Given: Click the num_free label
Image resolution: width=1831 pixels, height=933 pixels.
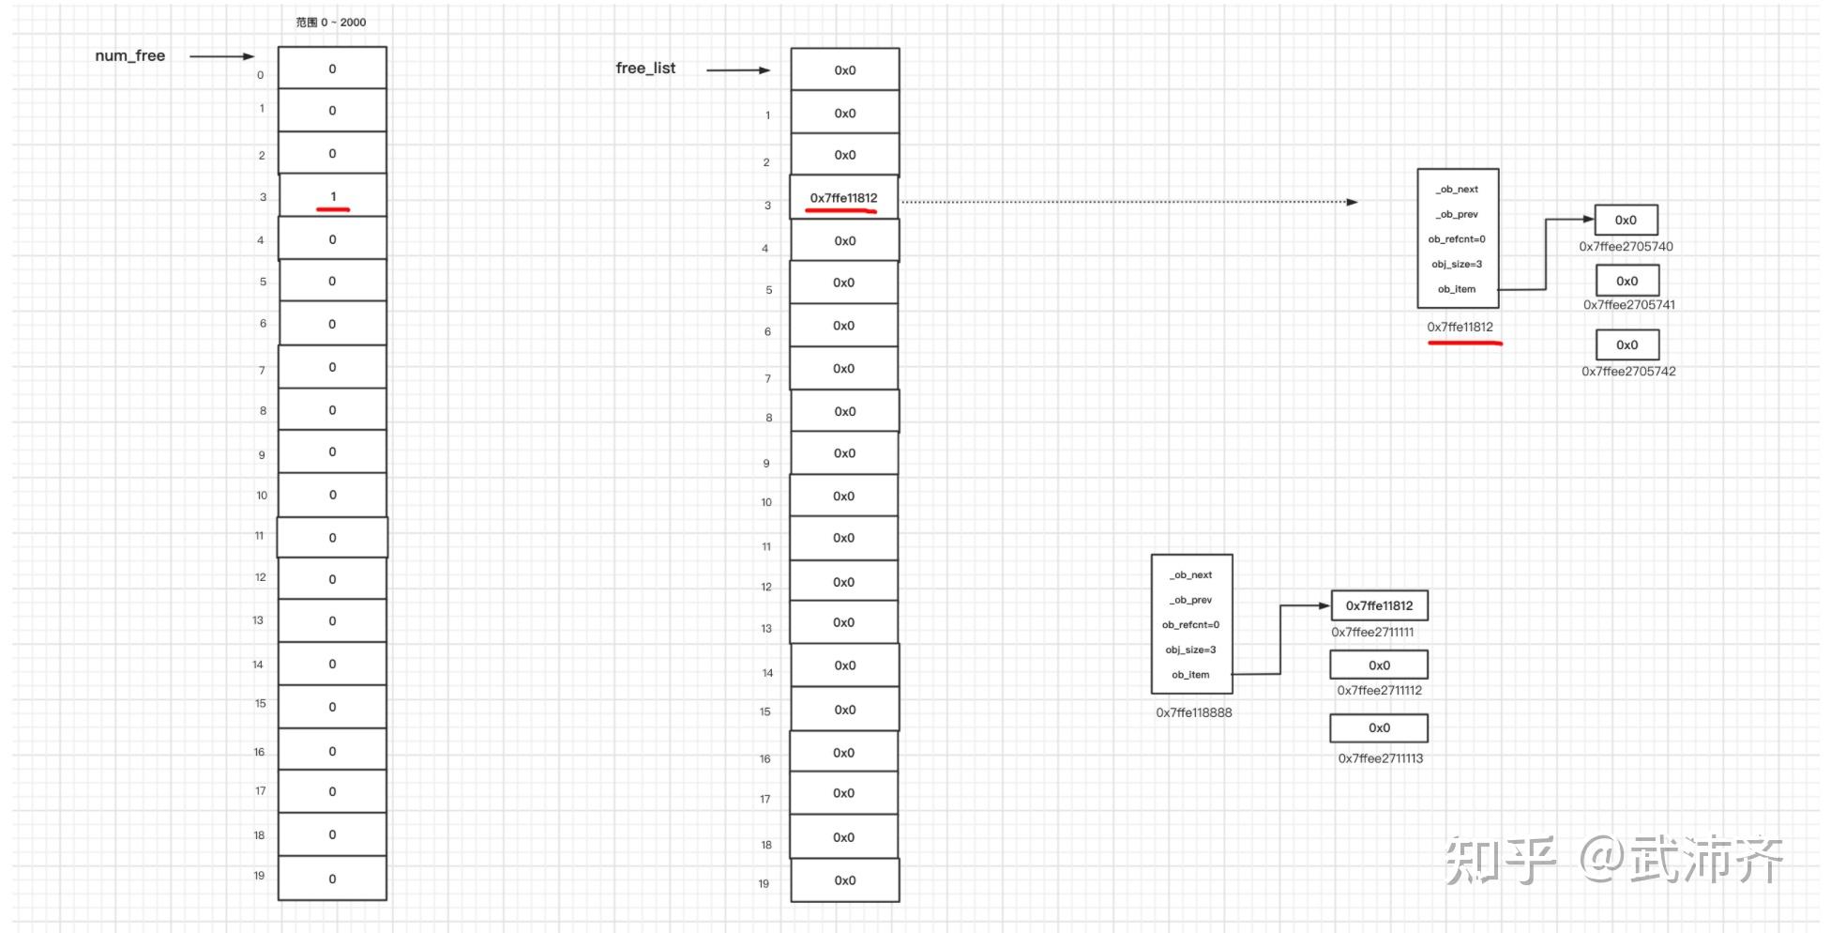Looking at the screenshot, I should (x=129, y=55).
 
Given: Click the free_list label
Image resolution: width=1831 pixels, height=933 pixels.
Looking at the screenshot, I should (x=645, y=68).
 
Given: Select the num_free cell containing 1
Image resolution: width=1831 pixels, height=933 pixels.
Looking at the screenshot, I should (x=332, y=196).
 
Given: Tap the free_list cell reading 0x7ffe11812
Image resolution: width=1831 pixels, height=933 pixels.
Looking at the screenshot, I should (x=844, y=198).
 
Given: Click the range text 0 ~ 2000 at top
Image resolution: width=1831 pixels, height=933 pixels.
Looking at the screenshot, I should (x=331, y=23).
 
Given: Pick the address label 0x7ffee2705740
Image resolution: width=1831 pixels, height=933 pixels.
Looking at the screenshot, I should (x=1626, y=247).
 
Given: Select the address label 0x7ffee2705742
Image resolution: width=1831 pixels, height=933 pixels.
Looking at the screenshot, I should (x=1628, y=372).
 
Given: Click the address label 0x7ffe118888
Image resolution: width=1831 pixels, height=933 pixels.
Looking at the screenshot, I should (x=1193, y=712).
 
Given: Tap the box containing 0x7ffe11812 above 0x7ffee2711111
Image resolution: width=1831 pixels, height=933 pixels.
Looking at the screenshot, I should (x=1379, y=605).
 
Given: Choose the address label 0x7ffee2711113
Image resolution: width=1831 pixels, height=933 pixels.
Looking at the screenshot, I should (x=1380, y=758).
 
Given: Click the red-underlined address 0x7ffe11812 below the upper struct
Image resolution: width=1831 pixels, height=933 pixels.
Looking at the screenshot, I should (x=1460, y=328).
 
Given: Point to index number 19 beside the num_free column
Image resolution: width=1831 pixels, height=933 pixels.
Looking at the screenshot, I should (x=259, y=876).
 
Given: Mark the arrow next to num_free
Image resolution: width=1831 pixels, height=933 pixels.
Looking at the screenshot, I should (x=221, y=56).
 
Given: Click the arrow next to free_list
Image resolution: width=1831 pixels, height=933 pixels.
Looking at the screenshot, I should (x=738, y=70).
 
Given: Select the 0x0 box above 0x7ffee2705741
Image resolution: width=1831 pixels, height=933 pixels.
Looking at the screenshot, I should (x=1627, y=281).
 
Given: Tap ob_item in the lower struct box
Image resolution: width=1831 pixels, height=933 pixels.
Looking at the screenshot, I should (x=1190, y=675).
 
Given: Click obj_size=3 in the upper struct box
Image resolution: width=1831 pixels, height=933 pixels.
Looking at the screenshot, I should (x=1457, y=264).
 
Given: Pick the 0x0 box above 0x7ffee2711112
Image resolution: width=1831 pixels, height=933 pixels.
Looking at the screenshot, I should (x=1379, y=665).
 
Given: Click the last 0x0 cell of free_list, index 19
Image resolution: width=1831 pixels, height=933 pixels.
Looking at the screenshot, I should (x=844, y=880).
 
